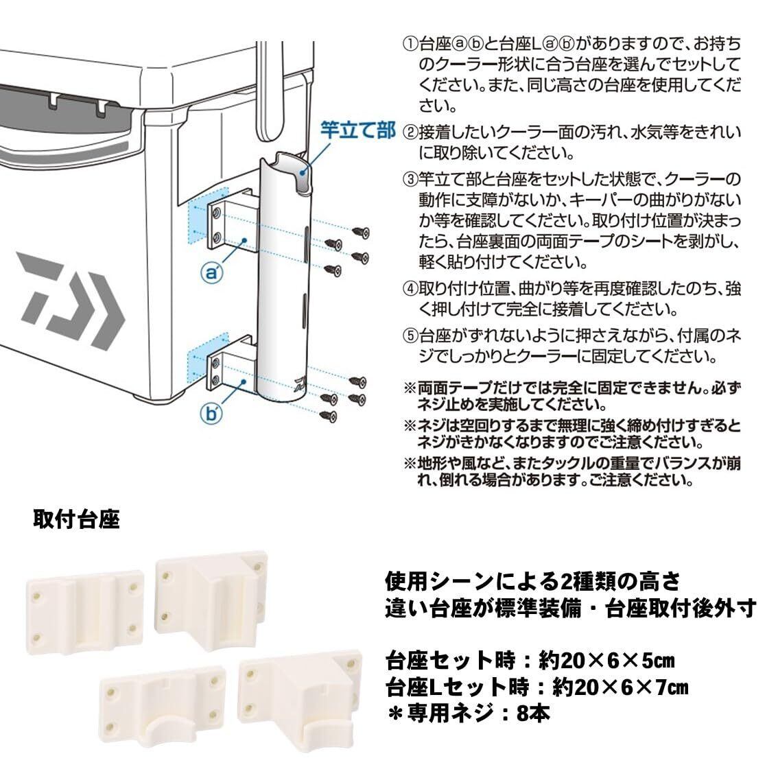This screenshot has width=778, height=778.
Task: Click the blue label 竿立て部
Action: [x=357, y=130]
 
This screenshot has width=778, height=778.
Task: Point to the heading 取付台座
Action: [x=76, y=519]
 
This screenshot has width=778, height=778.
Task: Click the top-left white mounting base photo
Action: [x=85, y=611]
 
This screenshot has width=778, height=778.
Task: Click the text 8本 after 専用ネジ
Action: [x=533, y=714]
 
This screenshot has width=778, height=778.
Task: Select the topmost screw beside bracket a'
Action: [x=361, y=232]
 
